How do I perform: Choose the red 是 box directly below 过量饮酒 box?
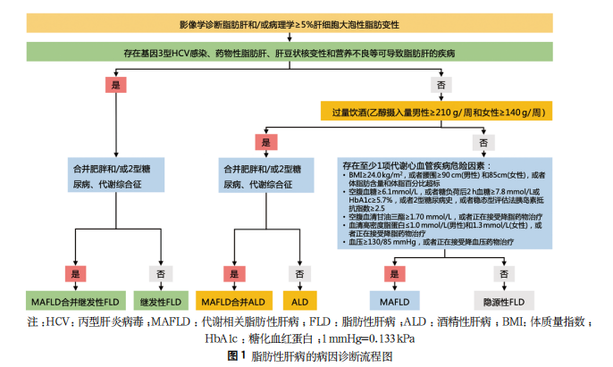264,141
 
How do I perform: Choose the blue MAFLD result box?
392,301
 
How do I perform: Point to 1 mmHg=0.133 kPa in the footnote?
370,339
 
